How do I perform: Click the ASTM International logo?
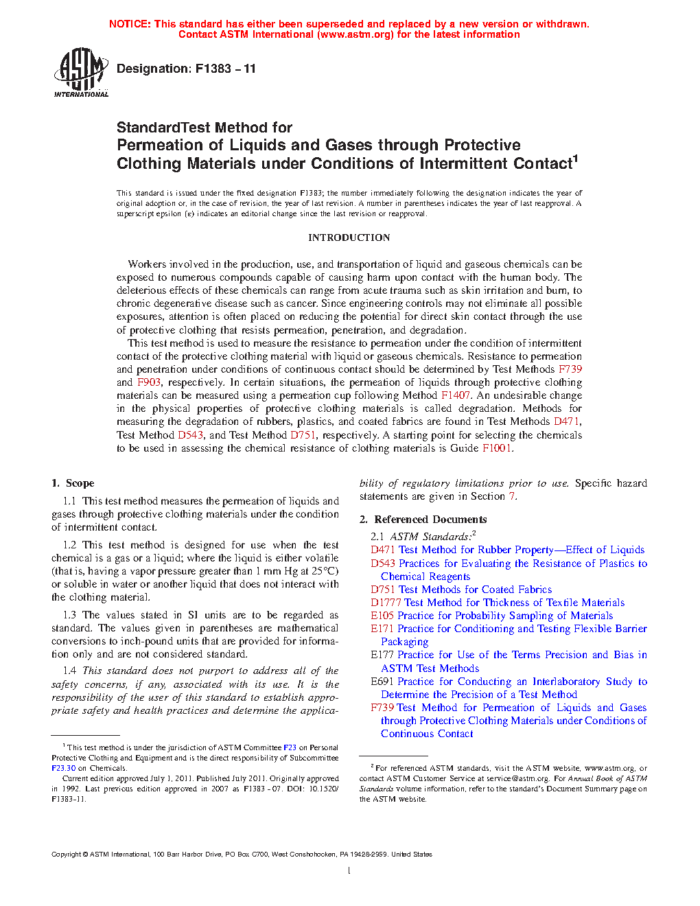pos(81,71)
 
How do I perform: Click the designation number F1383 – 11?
pos(225,69)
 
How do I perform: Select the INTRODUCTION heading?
pos(349,237)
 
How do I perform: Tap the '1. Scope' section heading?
pos(73,483)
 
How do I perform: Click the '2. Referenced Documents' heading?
pos(423,520)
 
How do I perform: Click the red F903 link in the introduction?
pos(148,382)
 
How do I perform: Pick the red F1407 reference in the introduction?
pos(456,395)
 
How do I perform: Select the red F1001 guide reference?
pos(496,448)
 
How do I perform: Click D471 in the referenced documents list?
pos(383,550)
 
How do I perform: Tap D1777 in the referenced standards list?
pos(386,603)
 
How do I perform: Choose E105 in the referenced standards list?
pos(382,616)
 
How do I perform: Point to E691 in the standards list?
pos(382,682)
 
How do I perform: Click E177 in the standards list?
pos(382,655)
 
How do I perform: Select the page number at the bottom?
pos(349,871)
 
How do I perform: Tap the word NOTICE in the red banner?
pos(129,24)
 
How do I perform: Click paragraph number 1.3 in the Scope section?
pos(69,615)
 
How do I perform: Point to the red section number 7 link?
pos(511,496)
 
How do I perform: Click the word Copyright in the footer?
pos(66,855)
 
